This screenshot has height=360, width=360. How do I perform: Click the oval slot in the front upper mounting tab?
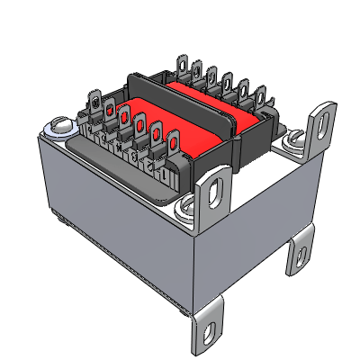click(x=214, y=190)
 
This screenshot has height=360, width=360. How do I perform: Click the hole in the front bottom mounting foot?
click(x=209, y=335)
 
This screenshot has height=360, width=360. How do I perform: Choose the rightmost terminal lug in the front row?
click(x=167, y=141)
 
